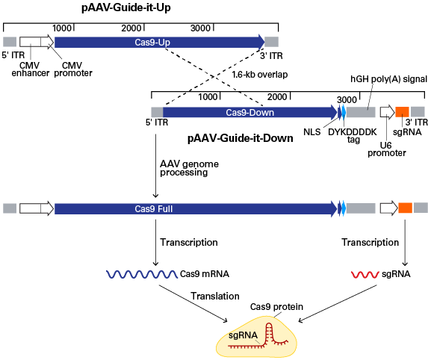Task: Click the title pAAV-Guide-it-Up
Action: [x=126, y=7]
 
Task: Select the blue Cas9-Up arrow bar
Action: [x=159, y=42]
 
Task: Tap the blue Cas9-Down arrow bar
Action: [x=250, y=113]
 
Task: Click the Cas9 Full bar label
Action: [x=154, y=209]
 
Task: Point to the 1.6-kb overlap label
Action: [x=260, y=75]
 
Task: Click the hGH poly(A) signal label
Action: [x=388, y=79]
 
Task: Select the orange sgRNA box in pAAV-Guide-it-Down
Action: [x=402, y=112]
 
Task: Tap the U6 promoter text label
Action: [x=386, y=149]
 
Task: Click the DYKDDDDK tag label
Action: [x=353, y=136]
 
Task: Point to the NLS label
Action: [x=312, y=132]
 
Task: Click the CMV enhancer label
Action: [x=31, y=69]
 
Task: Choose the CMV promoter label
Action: [x=73, y=69]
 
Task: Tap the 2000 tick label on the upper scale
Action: [x=131, y=28]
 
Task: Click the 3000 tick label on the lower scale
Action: [x=347, y=99]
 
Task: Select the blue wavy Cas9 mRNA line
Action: [x=142, y=274]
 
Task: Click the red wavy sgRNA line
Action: [x=365, y=275]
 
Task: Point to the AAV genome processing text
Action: [x=189, y=168]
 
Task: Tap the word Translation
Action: [x=215, y=296]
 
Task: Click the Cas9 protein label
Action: [x=276, y=307]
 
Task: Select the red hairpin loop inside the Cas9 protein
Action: [x=269, y=332]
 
